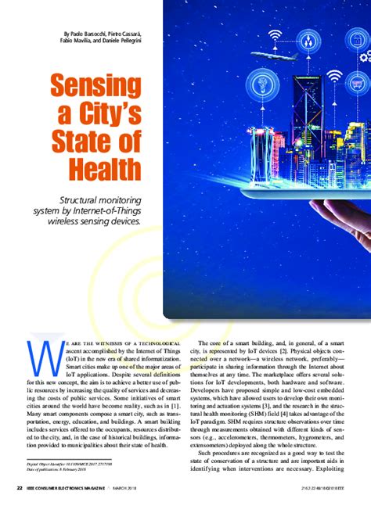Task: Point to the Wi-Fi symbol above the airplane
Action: [275, 35]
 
